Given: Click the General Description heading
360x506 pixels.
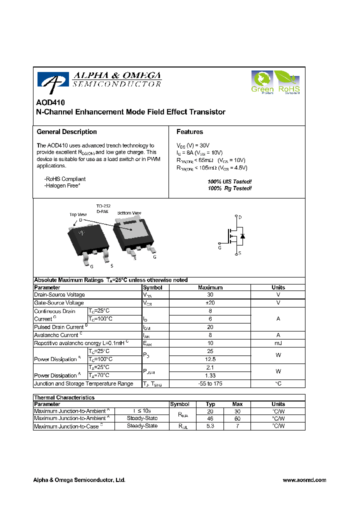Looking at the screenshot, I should click(66, 132).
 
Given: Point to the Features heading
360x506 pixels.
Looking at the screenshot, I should click(189, 132).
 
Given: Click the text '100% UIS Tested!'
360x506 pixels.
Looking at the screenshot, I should click(229, 181).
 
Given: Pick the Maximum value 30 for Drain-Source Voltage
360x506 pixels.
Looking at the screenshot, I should click(210, 295).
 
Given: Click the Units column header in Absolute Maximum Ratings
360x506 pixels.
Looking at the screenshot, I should click(278, 287).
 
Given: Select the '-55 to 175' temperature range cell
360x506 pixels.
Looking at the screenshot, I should click(210, 383).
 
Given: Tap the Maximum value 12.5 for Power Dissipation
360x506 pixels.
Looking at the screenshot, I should click(210, 359).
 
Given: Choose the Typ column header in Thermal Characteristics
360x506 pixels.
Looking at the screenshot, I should click(210, 404).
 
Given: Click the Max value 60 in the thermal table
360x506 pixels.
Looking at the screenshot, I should click(237, 418).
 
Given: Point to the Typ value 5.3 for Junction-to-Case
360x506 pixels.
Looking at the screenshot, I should click(210, 426).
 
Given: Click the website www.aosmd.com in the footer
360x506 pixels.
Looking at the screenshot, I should click(304, 480).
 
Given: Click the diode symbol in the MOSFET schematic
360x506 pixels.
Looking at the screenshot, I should click(242, 235).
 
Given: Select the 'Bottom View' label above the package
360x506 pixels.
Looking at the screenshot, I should click(129, 213).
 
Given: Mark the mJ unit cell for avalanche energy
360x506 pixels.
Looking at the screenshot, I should click(278, 343).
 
